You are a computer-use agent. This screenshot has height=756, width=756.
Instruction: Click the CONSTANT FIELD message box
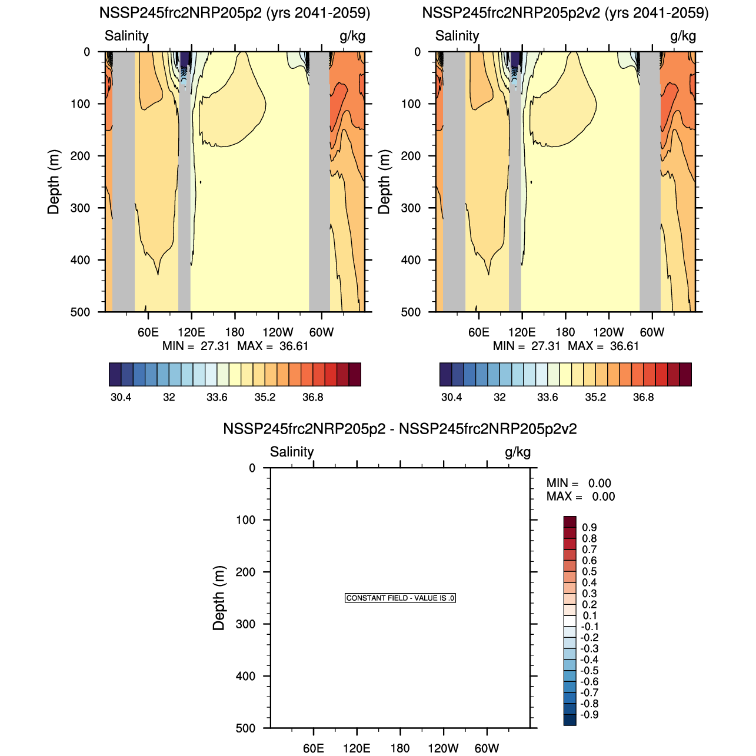[400, 598]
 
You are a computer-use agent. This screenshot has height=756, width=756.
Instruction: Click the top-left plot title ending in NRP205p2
[235, 13]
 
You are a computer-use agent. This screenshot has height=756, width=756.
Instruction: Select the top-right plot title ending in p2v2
[565, 13]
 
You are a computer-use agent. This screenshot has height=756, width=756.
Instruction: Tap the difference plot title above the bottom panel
[400, 429]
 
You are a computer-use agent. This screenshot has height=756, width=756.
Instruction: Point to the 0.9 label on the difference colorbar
[589, 528]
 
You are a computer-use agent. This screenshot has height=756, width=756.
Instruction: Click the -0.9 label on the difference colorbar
[589, 715]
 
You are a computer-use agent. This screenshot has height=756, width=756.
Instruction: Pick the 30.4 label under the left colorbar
[121, 397]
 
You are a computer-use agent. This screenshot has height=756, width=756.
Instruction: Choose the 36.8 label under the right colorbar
[643, 397]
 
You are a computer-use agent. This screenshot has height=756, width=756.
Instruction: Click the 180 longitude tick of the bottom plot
[400, 748]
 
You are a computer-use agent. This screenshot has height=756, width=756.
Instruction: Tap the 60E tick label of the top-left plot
[148, 332]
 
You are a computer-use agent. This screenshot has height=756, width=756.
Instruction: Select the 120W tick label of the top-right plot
[608, 332]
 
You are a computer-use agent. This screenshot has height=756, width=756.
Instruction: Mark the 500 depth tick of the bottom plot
[245, 728]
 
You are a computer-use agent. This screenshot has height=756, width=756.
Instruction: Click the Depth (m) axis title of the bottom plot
[219, 598]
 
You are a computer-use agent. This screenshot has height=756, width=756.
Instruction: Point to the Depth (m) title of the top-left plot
[54, 182]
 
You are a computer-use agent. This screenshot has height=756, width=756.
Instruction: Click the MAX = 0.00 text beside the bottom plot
[581, 497]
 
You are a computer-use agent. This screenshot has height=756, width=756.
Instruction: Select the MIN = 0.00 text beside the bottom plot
[579, 484]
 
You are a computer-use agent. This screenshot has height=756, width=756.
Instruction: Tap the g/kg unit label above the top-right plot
[683, 36]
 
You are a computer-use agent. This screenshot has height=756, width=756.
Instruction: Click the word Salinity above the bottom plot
[292, 452]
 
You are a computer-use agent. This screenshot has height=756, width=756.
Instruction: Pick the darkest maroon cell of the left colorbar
[355, 374]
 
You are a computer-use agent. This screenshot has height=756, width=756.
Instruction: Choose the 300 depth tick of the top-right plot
[411, 208]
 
